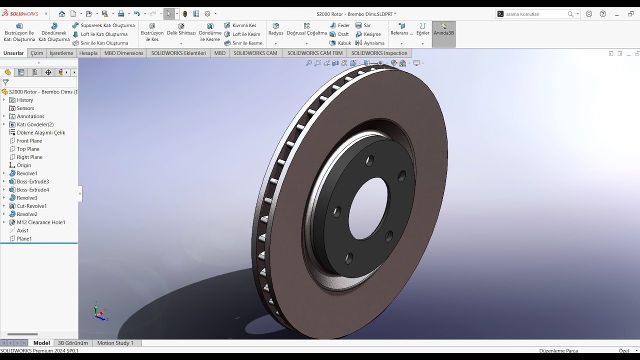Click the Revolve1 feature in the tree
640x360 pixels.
(x=27, y=173)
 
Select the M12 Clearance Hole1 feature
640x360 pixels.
(x=40, y=222)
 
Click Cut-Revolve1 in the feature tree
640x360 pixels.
(x=31, y=206)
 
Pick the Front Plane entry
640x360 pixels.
(x=29, y=141)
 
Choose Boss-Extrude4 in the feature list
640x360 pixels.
(x=32, y=190)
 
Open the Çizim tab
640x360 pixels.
(x=36, y=53)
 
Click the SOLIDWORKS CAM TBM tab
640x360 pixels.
(x=314, y=53)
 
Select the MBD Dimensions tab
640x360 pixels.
(x=123, y=53)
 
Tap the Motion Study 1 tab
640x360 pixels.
(x=115, y=343)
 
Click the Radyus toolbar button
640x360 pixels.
(x=275, y=29)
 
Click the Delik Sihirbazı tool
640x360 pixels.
(x=181, y=29)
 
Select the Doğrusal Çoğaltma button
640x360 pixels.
(x=306, y=29)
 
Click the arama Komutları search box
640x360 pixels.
(x=535, y=14)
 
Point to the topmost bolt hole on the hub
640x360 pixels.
(x=369, y=161)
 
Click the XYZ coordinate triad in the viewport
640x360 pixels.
(x=100, y=312)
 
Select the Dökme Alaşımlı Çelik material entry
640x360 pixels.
(x=40, y=132)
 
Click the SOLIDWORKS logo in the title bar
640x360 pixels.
(x=20, y=13)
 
